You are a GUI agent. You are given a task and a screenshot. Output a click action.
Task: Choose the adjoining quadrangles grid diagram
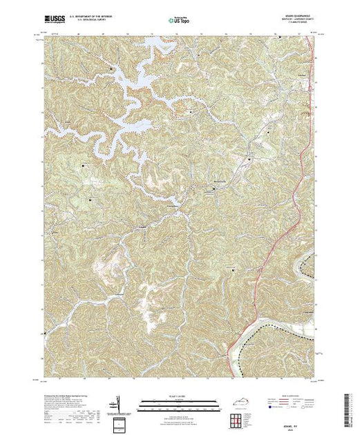[239, 418]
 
